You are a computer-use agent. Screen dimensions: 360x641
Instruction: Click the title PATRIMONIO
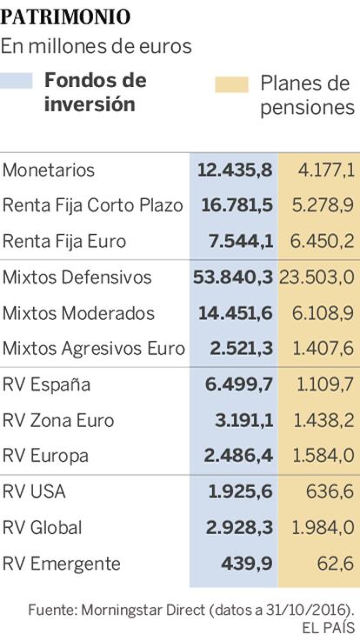65,17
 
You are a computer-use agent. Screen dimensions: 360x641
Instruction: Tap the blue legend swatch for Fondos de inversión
17,81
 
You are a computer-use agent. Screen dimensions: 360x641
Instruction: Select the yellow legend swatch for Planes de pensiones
231,84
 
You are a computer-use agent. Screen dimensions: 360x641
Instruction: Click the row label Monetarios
48,170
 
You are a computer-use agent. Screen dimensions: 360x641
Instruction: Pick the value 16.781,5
237,205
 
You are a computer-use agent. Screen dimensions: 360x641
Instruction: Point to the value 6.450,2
322,241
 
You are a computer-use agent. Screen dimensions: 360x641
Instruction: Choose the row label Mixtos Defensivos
77,277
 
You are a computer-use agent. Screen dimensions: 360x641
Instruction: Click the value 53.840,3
232,277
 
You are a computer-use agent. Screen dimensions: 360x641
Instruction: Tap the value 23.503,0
317,277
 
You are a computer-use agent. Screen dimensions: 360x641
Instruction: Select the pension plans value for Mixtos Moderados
323,313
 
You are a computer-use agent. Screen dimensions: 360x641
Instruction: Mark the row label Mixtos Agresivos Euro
94,349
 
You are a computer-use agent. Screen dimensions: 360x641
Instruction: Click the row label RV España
46,384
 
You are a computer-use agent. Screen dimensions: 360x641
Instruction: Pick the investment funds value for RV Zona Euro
244,421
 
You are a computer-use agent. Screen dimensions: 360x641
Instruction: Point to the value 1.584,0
323,457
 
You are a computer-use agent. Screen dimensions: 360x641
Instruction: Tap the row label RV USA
34,491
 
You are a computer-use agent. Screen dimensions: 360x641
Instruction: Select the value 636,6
330,491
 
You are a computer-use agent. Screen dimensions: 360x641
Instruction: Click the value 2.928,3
239,528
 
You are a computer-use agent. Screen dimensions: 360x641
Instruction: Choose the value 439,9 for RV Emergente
247,564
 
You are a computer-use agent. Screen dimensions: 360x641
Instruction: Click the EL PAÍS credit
328,627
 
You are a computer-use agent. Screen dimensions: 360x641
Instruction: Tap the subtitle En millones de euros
96,47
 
